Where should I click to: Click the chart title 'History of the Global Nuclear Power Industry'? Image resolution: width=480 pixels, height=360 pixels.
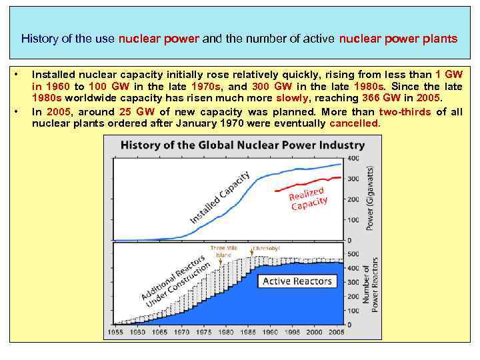coord(242,145)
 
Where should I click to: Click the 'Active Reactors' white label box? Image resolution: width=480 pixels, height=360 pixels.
coord(297,281)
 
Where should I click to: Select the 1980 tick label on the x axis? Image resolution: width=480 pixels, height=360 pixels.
coord(228,331)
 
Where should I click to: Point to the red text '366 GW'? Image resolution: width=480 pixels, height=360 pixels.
coord(394,98)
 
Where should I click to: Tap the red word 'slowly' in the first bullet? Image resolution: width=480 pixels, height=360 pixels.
coord(282,98)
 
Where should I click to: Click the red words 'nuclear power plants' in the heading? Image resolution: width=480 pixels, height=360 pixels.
coord(398,39)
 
